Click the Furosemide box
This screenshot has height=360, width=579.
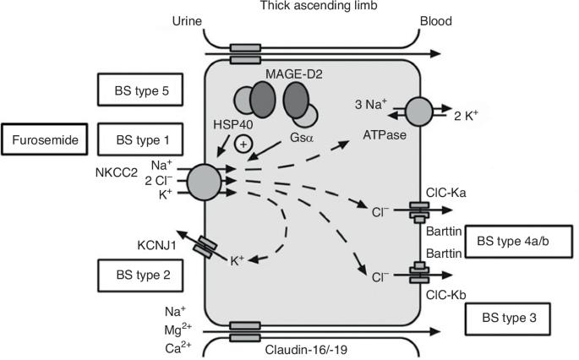coord(43,139)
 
